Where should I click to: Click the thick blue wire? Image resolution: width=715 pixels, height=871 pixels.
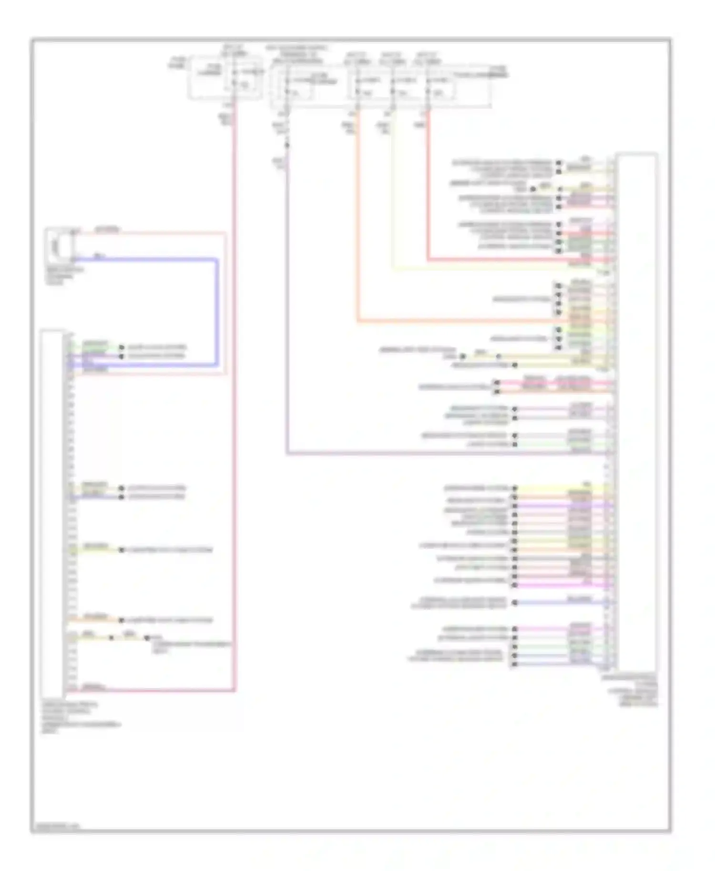pos(217,310)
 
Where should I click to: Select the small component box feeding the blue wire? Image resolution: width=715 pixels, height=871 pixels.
pos(59,246)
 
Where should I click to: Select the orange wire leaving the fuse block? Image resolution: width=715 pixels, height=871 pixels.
pos(357,214)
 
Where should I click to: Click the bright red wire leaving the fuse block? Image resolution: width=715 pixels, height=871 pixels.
pos(428,191)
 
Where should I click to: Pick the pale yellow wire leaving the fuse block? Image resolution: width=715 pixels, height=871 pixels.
pos(393,191)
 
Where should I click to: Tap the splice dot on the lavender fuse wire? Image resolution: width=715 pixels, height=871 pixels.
pos(287,145)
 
